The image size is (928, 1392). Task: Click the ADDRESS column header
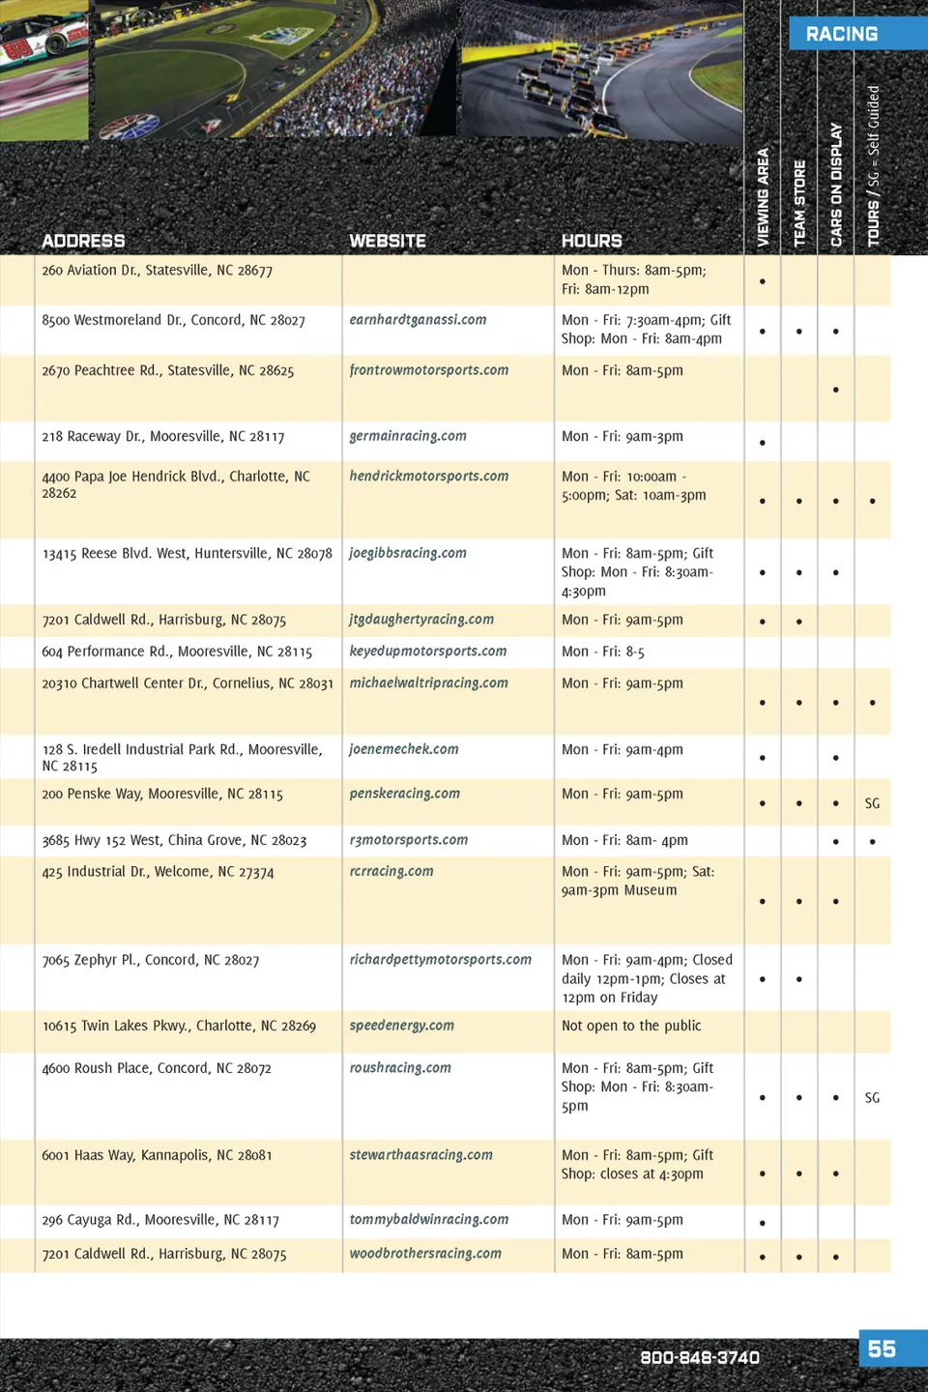pos(83,241)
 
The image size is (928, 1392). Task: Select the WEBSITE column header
pos(388,241)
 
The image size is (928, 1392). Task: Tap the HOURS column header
pos(592,241)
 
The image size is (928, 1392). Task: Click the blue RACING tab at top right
pos(843,34)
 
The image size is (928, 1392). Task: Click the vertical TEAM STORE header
pos(799,203)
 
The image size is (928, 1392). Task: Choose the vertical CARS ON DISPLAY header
pos(836,185)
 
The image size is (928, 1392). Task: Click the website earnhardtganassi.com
pos(418,320)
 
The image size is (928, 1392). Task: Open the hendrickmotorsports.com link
pos(428,477)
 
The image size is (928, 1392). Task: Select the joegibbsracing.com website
pos(407,553)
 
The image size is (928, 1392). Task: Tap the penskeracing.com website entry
pos(404,794)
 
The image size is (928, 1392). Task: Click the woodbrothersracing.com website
pos(425,1254)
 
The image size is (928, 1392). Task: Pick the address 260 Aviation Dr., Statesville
pos(157,271)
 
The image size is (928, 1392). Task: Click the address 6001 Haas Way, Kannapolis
pos(157,1155)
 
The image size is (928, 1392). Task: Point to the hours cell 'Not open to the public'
pos(631,1026)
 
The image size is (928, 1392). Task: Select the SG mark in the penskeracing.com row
pos(872,803)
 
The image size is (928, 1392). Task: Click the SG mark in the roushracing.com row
pos(872,1098)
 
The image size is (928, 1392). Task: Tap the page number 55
pos(882,1348)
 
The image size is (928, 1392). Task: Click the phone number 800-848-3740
pos(700,1357)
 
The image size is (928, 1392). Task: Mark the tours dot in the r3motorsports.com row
pos(872,842)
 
